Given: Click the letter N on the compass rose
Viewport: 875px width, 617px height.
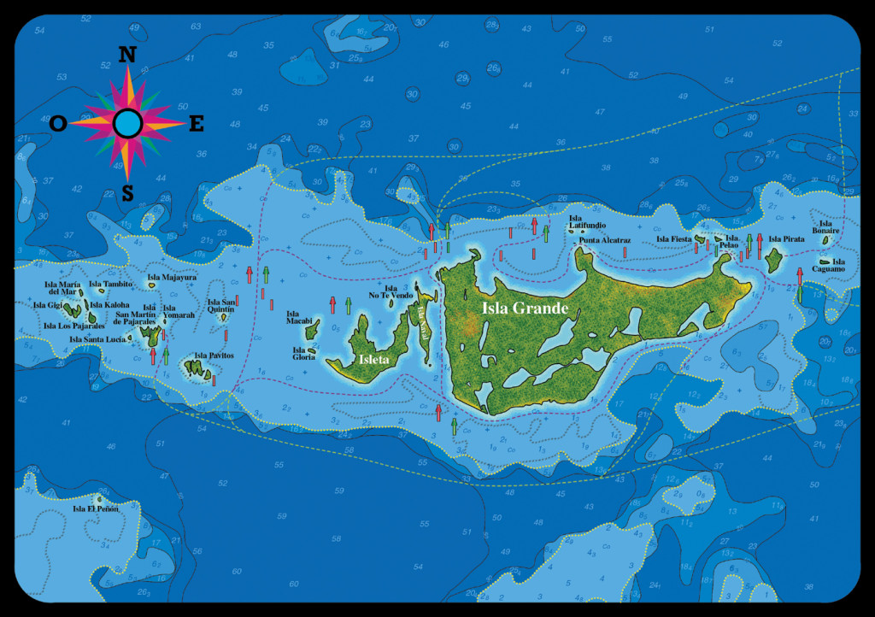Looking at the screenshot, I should [x=127, y=55].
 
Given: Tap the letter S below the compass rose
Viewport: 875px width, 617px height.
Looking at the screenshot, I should [x=127, y=194].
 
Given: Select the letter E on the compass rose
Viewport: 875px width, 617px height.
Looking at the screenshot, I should [x=197, y=124].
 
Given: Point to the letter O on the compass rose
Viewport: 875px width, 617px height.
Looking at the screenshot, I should [x=58, y=124].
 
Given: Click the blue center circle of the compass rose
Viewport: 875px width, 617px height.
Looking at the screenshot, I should [x=127, y=124].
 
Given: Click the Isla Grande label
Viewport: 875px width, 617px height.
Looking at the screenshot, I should [x=525, y=308].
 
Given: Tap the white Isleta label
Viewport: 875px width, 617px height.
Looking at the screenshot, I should [x=374, y=360].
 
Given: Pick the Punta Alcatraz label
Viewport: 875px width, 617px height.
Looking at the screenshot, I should [x=604, y=241].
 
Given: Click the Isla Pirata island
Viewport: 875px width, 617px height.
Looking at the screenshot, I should [x=775, y=261].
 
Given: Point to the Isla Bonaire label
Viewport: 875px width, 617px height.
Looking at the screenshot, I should [x=825, y=227].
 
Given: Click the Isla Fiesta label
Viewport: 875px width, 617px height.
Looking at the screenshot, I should [x=673, y=239].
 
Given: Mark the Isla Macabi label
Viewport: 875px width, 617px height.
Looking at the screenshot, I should [x=298, y=318].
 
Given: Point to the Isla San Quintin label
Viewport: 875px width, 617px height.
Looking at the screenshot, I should [x=221, y=305].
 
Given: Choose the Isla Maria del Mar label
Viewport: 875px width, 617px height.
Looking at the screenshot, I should [x=64, y=287].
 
